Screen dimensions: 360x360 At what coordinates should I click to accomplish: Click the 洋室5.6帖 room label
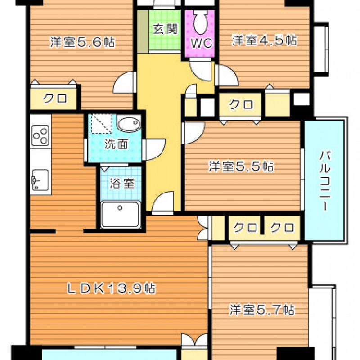pos(83,42)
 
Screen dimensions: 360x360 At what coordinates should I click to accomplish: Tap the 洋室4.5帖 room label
pos(265,40)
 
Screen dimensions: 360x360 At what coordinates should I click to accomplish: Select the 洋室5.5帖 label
pos(241,166)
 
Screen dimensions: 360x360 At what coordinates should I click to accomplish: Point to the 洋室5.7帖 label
pos(262,310)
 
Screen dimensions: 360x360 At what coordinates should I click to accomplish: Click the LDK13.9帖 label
pos(111,288)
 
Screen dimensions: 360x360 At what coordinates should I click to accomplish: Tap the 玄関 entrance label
pos(165,29)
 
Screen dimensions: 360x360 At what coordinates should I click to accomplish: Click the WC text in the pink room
pos(202,43)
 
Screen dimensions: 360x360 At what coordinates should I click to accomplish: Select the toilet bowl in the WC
pos(201,22)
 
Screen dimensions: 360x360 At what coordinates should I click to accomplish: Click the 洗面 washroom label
pos(117,144)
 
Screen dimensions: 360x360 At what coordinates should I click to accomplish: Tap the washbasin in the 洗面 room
pos(129,124)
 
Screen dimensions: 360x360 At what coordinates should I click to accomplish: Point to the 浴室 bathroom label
pos(121,183)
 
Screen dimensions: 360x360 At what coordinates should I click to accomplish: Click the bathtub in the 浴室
pos(121,215)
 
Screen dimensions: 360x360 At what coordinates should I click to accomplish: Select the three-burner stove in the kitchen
pos(40,136)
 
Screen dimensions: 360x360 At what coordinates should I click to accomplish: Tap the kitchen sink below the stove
pos(40,180)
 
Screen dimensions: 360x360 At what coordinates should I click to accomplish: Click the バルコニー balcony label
pos(325,181)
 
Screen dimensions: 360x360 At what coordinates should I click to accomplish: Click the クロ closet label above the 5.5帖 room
pos(241,104)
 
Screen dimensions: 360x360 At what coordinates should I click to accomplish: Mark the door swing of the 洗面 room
pos(154,149)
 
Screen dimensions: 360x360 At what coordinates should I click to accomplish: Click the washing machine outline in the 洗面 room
pos(102,124)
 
